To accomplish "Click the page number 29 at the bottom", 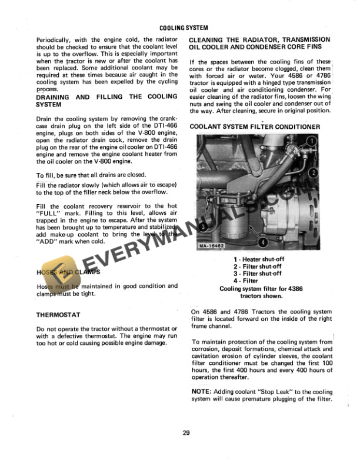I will click(x=186, y=434).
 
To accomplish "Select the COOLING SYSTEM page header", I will click(x=184, y=28).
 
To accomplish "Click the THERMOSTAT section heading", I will click(x=59, y=315).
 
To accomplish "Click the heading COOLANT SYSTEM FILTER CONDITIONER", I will click(x=255, y=127).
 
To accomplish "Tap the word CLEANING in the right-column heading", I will click(x=211, y=39).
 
